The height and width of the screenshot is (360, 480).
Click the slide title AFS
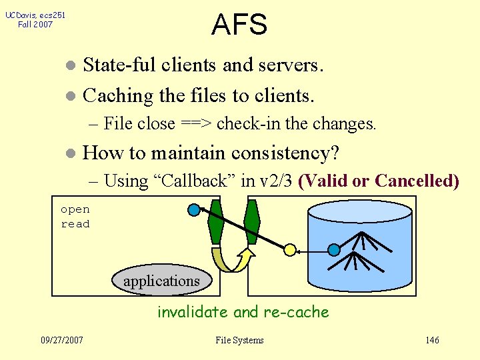(239, 25)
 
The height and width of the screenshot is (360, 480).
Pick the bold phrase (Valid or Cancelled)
(379, 181)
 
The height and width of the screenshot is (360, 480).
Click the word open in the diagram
(75, 209)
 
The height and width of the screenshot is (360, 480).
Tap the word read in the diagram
(75, 224)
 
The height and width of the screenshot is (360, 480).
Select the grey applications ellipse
(161, 281)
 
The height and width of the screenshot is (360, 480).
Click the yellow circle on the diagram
(290, 249)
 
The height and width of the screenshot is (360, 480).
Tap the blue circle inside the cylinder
(334, 249)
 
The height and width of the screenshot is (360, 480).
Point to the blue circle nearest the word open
(194, 211)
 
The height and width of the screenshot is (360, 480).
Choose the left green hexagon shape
(216, 221)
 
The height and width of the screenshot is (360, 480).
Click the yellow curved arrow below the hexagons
(231, 261)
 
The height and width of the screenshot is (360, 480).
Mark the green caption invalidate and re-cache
(243, 312)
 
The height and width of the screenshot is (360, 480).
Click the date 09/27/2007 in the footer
(62, 340)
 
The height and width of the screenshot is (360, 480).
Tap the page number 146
(432, 340)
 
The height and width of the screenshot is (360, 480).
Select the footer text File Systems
(239, 340)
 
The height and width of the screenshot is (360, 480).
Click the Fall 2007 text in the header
(35, 25)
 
